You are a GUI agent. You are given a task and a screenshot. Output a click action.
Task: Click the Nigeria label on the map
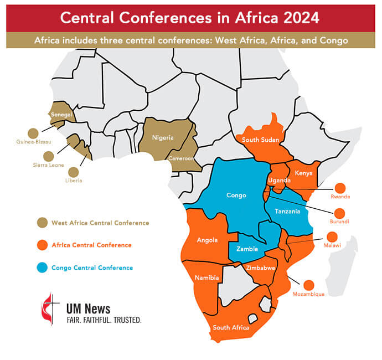pos(163,137)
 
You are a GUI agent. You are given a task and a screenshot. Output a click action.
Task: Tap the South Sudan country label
pos(259,140)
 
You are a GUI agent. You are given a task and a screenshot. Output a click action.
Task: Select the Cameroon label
pos(182,158)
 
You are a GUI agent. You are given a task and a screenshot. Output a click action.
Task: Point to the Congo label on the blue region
pos(236,195)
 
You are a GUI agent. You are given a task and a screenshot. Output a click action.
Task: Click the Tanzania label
pos(287,211)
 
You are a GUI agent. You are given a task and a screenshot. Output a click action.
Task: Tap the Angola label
pos(207,240)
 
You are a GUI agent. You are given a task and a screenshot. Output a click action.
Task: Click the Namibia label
pos(207,277)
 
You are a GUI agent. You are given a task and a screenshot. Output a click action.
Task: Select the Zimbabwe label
pos(261,268)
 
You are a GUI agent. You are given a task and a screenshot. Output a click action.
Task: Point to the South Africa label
pos(231,327)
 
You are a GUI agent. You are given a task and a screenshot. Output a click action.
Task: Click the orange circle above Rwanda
pos(340,188)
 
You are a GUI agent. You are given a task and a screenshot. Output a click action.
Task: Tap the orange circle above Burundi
pos(340,213)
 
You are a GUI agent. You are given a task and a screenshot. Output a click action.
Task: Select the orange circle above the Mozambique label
pos(309,285)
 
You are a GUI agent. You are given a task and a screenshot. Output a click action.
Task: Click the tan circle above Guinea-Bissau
pos(33,133)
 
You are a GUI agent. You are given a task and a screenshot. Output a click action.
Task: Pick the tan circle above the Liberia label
pos(74,172)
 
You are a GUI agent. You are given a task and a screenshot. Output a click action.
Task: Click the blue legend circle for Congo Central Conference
pos(42,268)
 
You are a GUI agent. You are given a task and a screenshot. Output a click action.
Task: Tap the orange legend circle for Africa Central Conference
pos(42,245)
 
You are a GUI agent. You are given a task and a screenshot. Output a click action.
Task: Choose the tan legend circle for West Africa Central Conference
pos(42,223)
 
